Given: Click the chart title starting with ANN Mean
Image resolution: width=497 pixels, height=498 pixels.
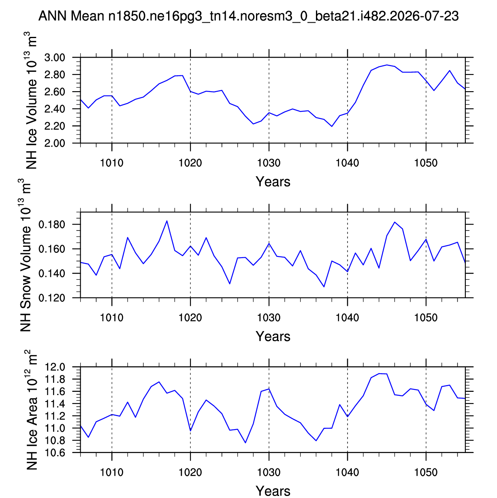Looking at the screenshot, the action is pos(248,16).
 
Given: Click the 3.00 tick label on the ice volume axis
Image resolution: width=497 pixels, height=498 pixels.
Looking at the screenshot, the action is pos(55,58).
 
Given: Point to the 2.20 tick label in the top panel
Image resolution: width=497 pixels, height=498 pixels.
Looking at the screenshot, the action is pos(55,126).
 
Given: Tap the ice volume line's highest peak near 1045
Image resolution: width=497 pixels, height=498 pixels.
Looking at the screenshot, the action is pos(387,65).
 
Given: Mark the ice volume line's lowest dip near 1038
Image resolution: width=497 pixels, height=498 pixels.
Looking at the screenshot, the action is pos(332,126).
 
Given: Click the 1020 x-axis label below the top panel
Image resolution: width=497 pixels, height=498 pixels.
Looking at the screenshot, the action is pos(190,163).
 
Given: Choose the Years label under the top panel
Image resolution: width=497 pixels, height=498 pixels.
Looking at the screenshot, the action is pos(273,182).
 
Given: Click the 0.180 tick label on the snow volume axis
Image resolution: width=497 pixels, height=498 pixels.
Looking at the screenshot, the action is pos(52,224).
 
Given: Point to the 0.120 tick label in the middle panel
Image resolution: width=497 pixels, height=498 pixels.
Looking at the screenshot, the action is pos(52,298).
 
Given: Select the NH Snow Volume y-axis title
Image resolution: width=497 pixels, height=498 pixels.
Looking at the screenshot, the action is pos(26,255).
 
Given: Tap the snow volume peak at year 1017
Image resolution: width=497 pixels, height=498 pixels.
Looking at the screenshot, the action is pos(167,221).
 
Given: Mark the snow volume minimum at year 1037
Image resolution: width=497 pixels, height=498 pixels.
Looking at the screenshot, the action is pos(324,286).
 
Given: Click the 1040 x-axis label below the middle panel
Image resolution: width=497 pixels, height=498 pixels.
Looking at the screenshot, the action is pos(348,318).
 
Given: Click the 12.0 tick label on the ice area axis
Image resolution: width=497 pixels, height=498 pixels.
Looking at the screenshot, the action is pos(55,367).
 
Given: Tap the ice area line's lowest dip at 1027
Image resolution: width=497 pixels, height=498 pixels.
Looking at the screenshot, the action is pos(245,443).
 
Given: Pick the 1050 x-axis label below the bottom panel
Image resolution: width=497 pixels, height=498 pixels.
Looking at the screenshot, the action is pos(426,472).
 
